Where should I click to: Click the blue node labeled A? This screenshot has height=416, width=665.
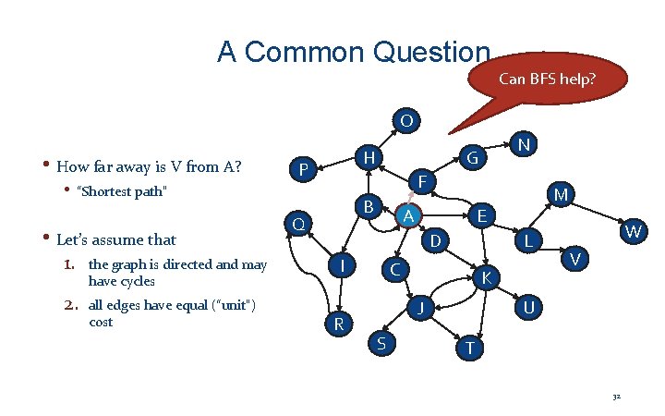pyautogui.click(x=407, y=214)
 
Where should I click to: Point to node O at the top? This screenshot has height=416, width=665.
pyautogui.click(x=406, y=120)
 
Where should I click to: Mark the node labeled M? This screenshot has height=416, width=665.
pyautogui.click(x=561, y=194)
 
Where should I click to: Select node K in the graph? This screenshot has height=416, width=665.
pyautogui.click(x=487, y=276)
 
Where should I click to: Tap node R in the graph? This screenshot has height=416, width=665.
pyautogui.click(x=339, y=324)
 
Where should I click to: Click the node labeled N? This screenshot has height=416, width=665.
pyautogui.click(x=524, y=145)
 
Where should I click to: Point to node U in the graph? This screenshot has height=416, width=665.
pyautogui.click(x=527, y=305)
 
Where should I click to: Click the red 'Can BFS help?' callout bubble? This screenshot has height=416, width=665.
pyautogui.click(x=547, y=80)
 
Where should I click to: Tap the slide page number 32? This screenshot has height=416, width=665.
pyautogui.click(x=616, y=397)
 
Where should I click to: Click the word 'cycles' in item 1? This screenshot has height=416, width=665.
pyautogui.click(x=136, y=281)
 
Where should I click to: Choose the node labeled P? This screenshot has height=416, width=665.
pyautogui.click(x=303, y=169)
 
